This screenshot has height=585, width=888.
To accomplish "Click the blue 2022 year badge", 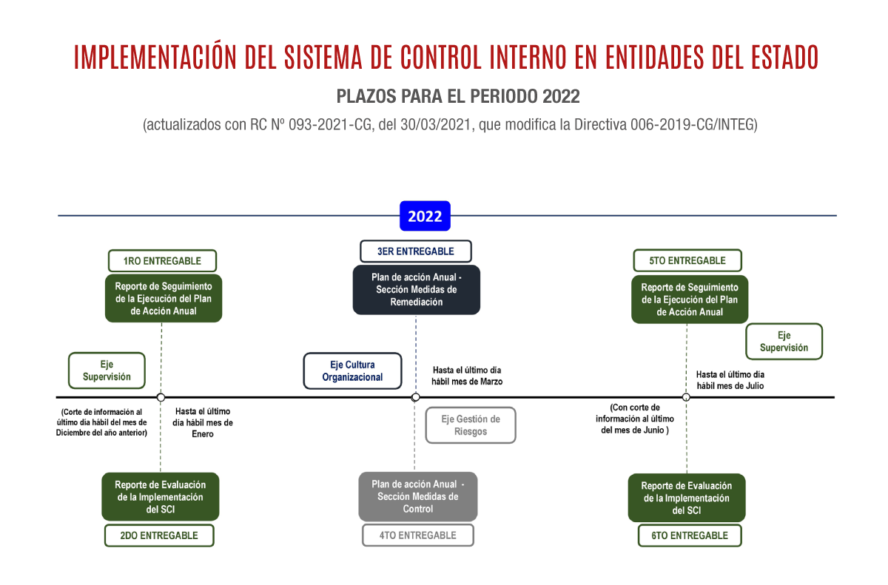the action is [425, 216].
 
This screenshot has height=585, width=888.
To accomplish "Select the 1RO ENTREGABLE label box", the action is [162, 260].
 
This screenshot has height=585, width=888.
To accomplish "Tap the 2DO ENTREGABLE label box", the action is [159, 535].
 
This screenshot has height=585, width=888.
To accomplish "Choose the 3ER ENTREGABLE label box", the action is [416, 251].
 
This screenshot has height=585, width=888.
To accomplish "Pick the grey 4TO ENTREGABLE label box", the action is [418, 535].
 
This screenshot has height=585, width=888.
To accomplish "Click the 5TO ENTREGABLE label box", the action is [687, 260].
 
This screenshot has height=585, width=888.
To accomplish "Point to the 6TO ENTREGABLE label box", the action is [690, 535].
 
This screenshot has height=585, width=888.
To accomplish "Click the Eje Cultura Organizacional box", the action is [352, 371].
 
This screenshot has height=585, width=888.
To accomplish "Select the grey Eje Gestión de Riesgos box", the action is [471, 425].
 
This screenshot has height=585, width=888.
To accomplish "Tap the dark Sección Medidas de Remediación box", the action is [416, 289].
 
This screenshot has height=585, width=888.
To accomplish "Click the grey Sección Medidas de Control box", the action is [418, 496].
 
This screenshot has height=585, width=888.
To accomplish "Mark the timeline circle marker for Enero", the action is [161, 397].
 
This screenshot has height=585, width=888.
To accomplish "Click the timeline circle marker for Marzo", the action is [415, 397].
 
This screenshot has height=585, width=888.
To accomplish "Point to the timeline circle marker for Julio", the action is [686, 397].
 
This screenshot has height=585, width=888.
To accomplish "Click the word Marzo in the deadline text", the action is [491, 382].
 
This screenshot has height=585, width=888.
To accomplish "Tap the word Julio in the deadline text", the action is [755, 386].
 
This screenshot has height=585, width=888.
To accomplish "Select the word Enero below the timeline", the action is [203, 434].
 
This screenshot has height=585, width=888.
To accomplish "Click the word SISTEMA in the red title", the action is [323, 57].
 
